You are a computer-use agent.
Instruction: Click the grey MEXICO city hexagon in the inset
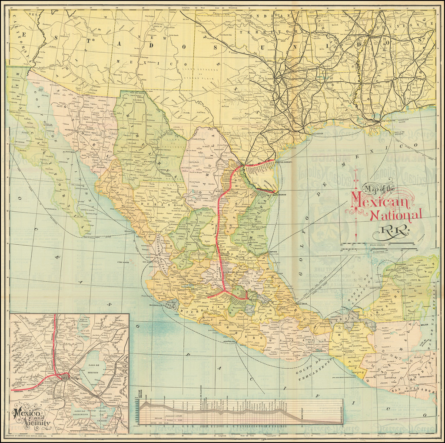tap(65, 376)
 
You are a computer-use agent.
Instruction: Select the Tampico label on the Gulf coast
tap(273, 251)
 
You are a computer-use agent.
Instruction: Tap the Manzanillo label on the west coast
tap(156, 305)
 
